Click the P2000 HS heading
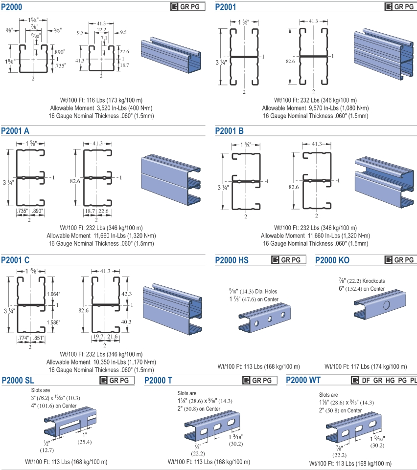(x=232, y=260)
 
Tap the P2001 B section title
(x=230, y=131)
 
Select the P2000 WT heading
(x=303, y=380)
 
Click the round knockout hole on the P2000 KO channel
(x=386, y=305)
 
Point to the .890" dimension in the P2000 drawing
(x=59, y=52)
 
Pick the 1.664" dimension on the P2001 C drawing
(x=53, y=294)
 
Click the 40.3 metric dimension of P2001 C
(x=126, y=322)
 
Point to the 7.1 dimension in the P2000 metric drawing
(x=104, y=38)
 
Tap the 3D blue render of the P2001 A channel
(x=171, y=179)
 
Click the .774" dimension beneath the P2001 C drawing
(x=23, y=338)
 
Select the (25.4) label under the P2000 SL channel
(x=85, y=442)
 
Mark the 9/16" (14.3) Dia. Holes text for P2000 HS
(x=253, y=291)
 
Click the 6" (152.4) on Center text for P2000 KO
(x=362, y=289)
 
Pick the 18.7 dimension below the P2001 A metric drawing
(x=90, y=211)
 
